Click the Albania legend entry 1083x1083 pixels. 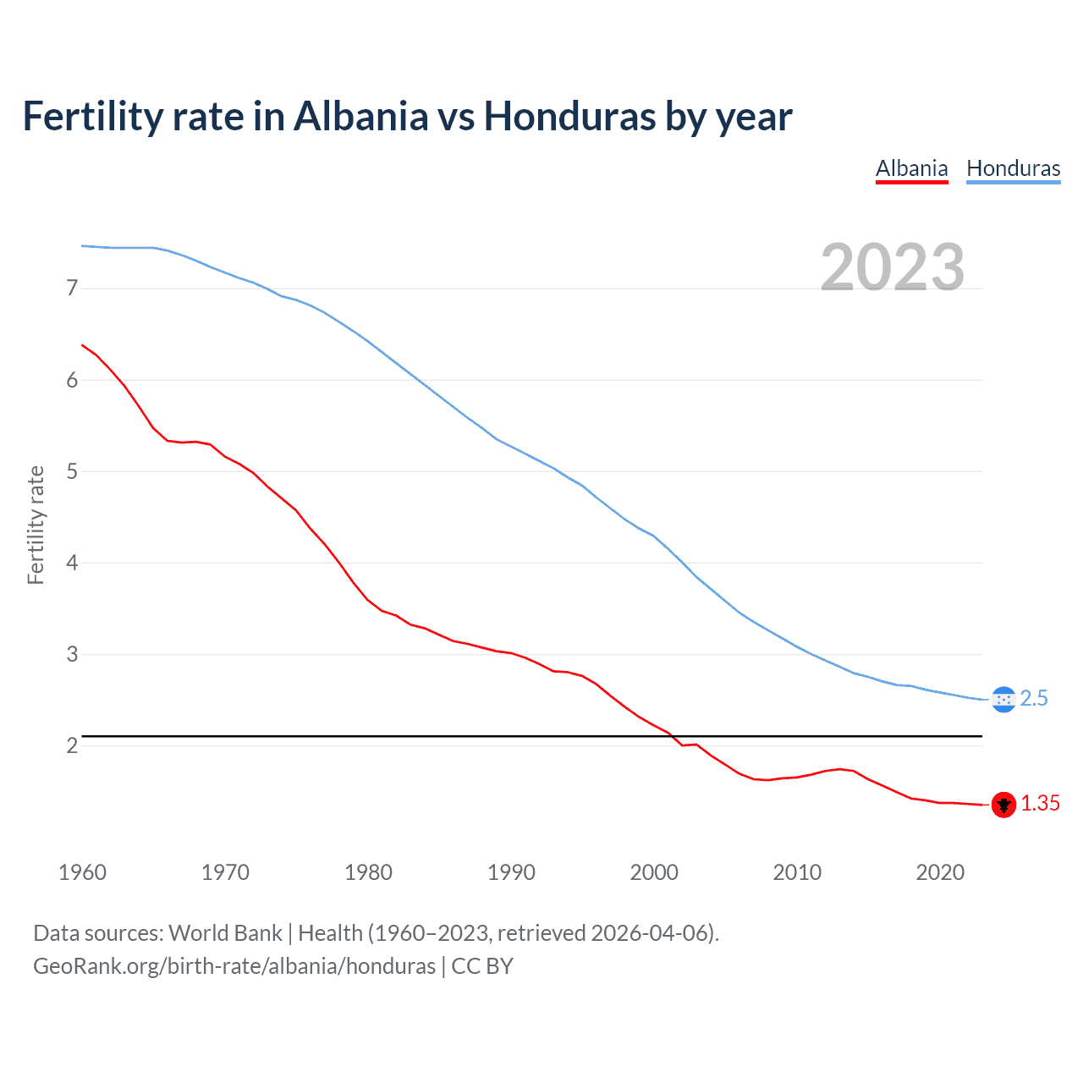[911, 168]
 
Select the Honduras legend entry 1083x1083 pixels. [1013, 168]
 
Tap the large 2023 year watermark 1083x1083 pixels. [892, 267]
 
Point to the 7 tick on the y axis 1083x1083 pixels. [72, 289]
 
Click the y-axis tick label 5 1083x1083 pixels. [72, 471]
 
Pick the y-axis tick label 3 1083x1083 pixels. [72, 654]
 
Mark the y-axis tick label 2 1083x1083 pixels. [72, 745]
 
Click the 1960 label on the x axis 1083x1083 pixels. [82, 872]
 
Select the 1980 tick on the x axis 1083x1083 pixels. [368, 872]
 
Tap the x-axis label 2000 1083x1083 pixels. [654, 872]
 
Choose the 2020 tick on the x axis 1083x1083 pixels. [940, 872]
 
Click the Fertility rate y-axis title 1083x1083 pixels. [36, 525]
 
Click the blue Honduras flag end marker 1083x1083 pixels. [1003, 700]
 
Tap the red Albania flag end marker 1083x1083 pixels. [1003, 805]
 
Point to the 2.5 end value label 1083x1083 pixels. [1034, 699]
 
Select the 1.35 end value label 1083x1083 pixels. [1040, 804]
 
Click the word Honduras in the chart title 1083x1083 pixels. [569, 116]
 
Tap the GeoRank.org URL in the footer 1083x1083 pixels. [234, 966]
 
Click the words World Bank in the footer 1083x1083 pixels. [225, 933]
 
